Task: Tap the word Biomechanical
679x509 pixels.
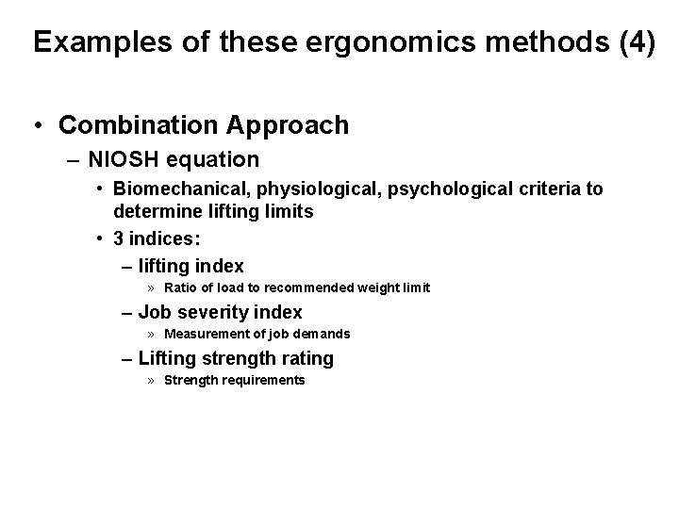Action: point(181,189)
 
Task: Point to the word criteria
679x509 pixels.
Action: point(551,189)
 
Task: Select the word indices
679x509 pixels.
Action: point(164,238)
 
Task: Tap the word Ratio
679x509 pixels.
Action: point(180,287)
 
